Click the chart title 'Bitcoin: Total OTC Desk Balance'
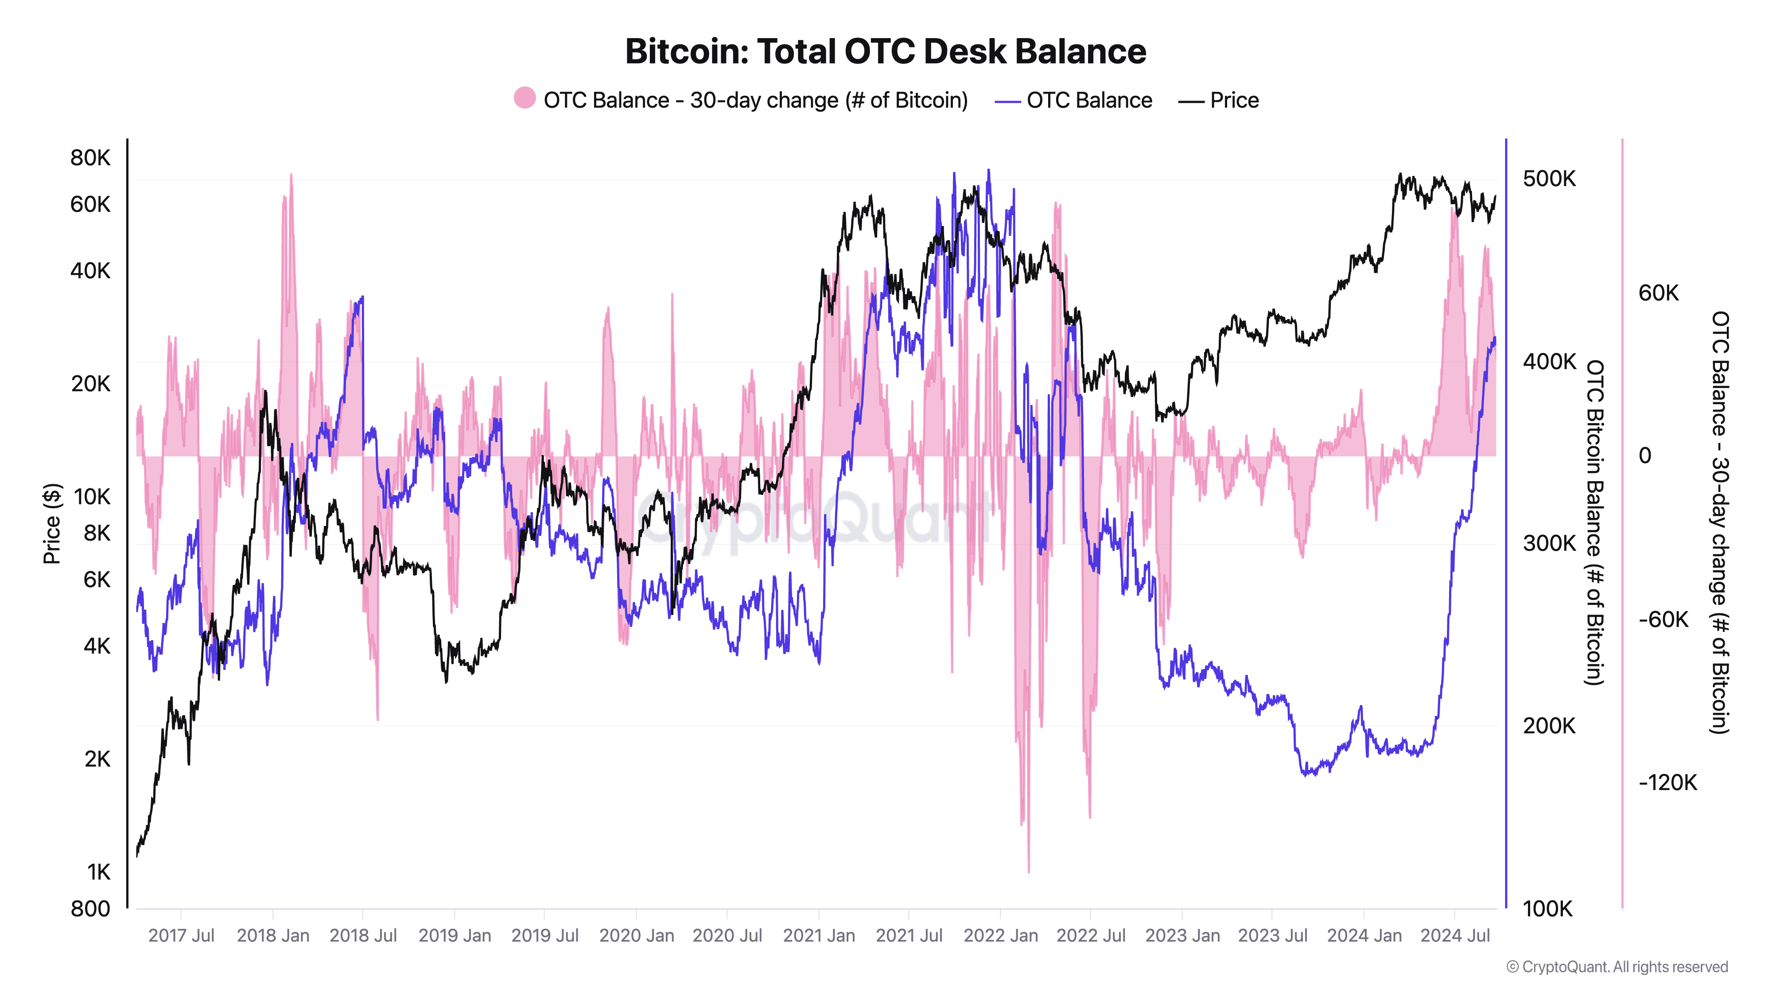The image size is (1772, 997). pyautogui.click(x=885, y=51)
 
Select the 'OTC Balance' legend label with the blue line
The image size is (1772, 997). pyautogui.click(x=1088, y=101)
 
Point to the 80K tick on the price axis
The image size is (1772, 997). pyautogui.click(x=90, y=158)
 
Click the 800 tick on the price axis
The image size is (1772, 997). pyautogui.click(x=90, y=908)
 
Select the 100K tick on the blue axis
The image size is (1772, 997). pyautogui.click(x=1547, y=908)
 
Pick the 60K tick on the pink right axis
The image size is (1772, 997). pyautogui.click(x=1658, y=293)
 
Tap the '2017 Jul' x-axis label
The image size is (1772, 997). pyautogui.click(x=181, y=936)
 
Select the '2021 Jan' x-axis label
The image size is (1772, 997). pyautogui.click(x=819, y=936)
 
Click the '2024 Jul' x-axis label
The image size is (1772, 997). pyautogui.click(x=1454, y=936)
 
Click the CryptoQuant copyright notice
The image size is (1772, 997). pyautogui.click(x=1617, y=967)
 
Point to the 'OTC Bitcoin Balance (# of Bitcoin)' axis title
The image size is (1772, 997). pyautogui.click(x=1594, y=523)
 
